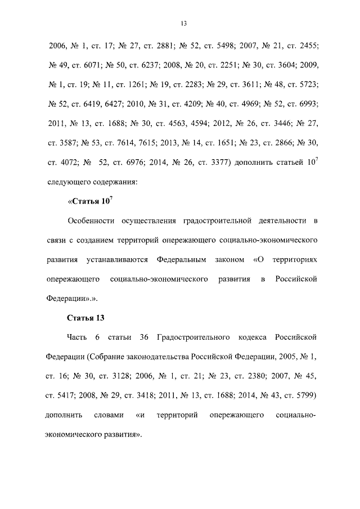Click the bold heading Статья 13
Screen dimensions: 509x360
(86, 318)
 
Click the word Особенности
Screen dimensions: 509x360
(90, 220)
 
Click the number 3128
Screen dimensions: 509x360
(128, 377)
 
